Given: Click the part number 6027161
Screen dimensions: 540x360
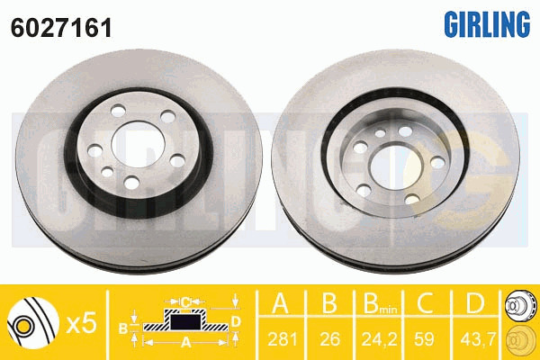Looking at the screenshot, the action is point(61,28).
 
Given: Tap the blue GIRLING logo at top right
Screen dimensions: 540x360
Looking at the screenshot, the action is point(487,24).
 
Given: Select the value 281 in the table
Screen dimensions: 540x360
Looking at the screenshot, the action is point(283,339).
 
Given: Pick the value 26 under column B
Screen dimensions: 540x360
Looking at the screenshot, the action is point(330,339).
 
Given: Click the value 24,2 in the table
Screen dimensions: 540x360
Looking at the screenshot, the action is point(379,339).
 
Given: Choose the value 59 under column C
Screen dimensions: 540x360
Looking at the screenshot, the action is point(424,339).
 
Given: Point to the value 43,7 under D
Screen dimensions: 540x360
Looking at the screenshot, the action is point(477,339).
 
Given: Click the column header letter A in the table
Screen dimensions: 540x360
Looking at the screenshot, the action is point(281,303).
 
